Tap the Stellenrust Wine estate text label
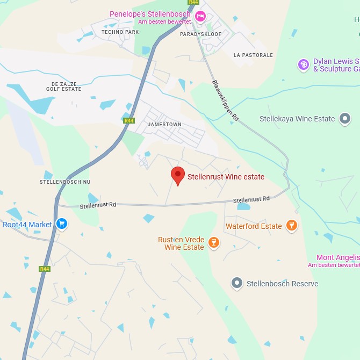pos(226,177)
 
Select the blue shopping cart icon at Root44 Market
pos(62,224)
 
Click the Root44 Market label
pos(27,225)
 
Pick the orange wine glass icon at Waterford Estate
pos(292,226)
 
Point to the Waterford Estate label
pos(254,226)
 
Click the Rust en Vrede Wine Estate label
pos(181,243)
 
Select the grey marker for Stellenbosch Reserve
pos(237,283)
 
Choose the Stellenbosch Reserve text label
pos(282,284)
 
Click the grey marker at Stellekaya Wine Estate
pos(345,119)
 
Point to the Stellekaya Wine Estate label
pos(297,119)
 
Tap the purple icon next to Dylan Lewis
pos(304,64)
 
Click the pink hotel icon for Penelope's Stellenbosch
pos(200,16)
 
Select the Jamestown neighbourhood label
pos(164,125)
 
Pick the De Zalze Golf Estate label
pos(67,87)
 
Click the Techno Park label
pos(120,32)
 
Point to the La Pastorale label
pos(253,55)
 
